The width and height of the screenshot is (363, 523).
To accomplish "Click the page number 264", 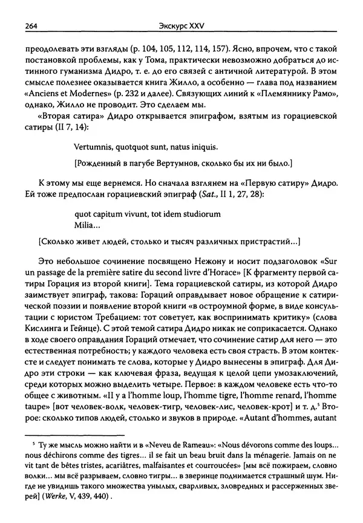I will [x=25, y=25].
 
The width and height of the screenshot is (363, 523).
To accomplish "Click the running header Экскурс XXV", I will [x=181, y=25].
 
